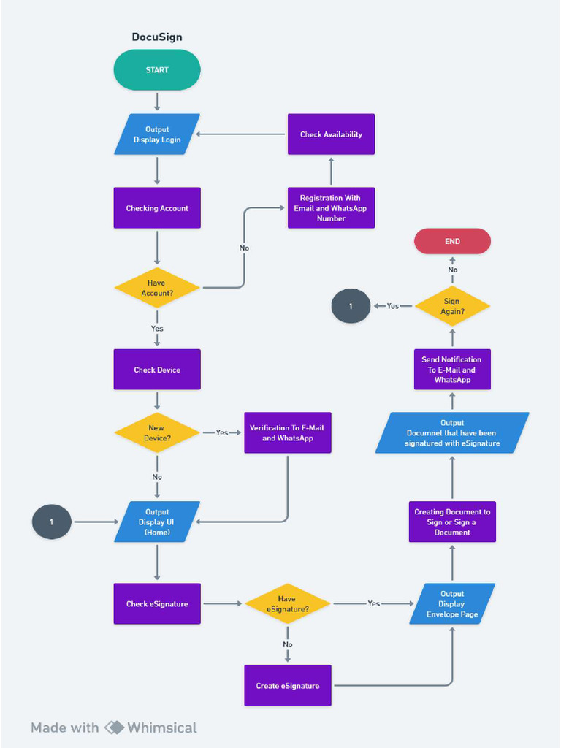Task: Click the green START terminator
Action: coord(157,70)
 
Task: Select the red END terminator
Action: coord(452,241)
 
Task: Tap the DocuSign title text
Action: coord(157,37)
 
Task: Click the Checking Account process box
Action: coord(157,208)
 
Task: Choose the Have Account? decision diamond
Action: coord(157,288)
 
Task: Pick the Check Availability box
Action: coord(331,134)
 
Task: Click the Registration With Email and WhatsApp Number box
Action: coord(331,208)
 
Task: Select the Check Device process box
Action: coord(157,370)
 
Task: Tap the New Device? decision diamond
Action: coord(157,432)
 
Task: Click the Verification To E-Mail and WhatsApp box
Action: coord(287,433)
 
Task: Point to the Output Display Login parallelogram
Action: coord(157,134)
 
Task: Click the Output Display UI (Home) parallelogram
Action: coord(157,522)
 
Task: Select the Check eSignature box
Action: coord(157,603)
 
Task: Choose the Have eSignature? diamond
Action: coord(287,603)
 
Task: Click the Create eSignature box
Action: coord(287,685)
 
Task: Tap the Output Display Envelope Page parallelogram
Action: coord(452,603)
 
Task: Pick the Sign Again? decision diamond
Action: coord(452,306)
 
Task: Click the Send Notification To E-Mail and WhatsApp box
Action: coord(452,370)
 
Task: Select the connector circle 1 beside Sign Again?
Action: coord(351,306)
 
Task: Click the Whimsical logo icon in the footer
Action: coord(115,728)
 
